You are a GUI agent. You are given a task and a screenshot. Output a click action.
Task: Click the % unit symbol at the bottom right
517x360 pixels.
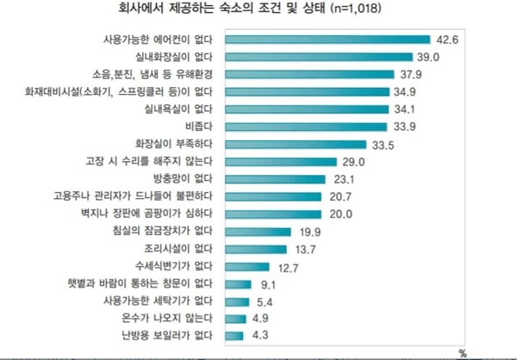463,352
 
